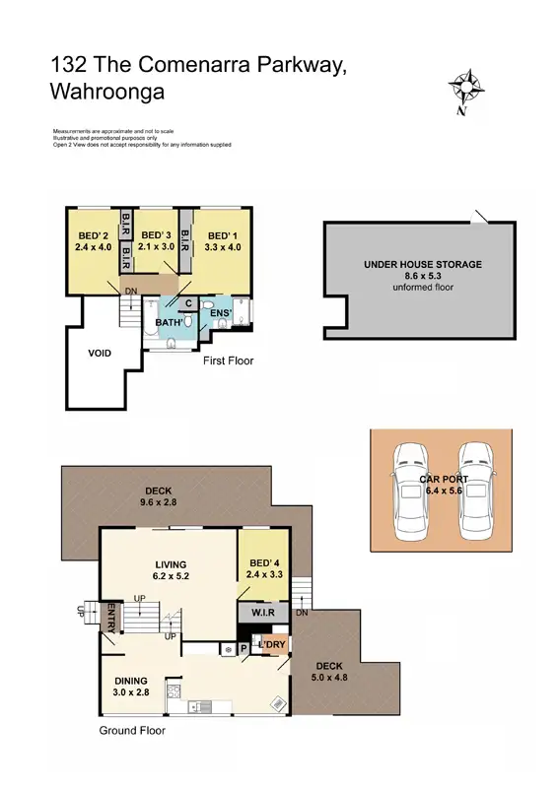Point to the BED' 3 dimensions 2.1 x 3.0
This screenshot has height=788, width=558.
156,247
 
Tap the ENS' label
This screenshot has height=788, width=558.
220,313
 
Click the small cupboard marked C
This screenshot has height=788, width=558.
187,304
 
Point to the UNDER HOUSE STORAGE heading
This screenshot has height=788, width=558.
422,265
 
